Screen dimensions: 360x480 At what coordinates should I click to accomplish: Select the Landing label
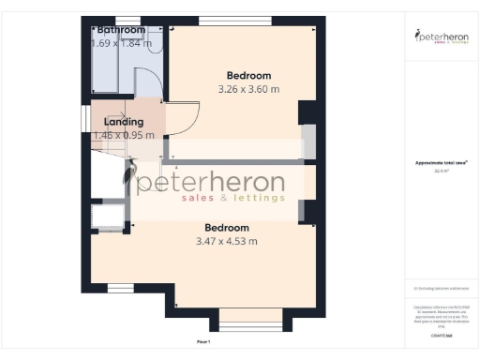124,122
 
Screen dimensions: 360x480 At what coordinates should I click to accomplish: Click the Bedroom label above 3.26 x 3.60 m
248,76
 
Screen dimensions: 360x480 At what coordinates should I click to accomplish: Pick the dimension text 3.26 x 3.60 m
248,90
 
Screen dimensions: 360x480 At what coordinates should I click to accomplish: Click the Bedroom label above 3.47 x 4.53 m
227,228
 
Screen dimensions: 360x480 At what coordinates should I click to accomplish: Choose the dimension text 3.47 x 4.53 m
227,242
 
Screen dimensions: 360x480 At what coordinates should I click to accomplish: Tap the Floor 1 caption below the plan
203,341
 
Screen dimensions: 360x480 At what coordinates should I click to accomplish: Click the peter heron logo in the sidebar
441,37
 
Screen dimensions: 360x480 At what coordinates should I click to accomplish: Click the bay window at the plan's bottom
249,324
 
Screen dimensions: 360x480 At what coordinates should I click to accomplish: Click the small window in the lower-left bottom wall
119,287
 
